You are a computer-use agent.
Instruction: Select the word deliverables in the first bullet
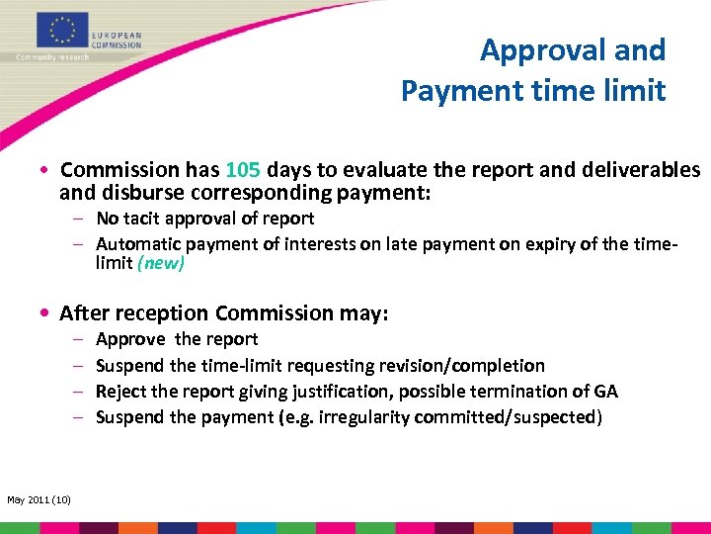(x=647, y=169)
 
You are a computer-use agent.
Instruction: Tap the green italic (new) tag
(x=161, y=263)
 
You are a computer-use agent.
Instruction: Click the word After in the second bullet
(x=84, y=313)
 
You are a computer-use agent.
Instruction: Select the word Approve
(x=130, y=339)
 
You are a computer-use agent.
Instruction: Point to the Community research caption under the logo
(x=52, y=57)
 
